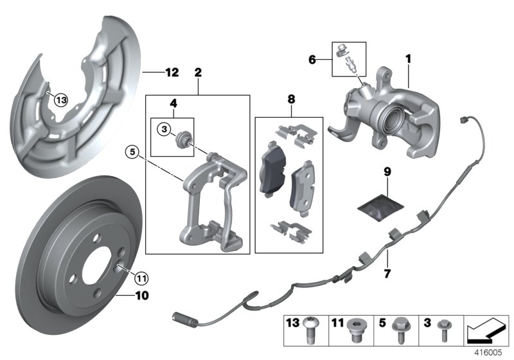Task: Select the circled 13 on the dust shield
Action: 60,100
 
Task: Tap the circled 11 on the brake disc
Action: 141,278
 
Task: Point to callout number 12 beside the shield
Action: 170,73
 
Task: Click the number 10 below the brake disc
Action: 141,296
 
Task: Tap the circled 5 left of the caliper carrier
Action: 149,152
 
